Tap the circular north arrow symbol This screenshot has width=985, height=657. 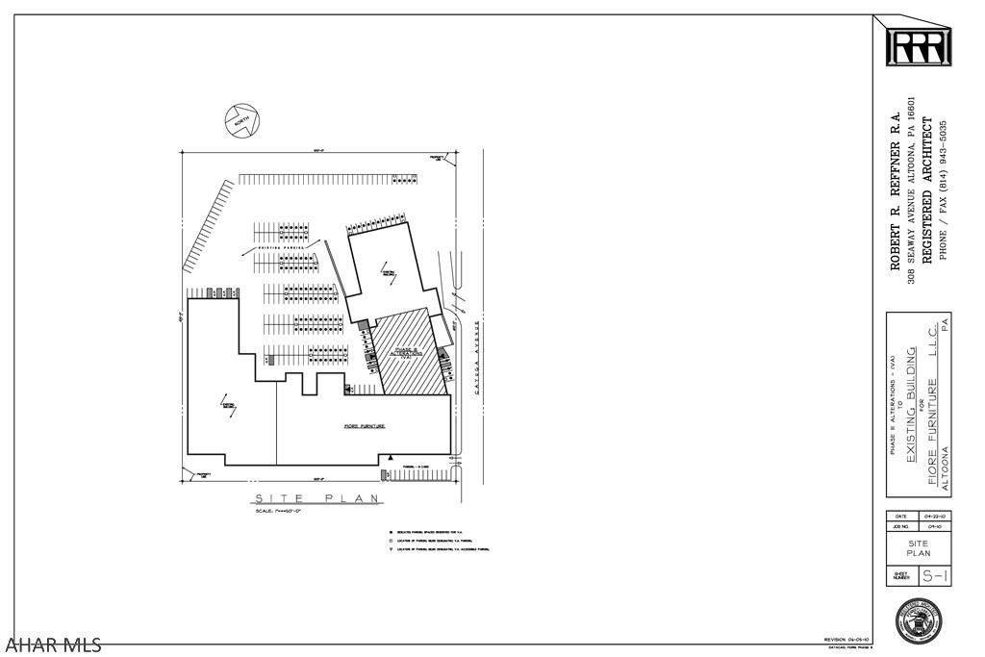tap(242, 119)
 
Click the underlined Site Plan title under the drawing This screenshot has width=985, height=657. tap(316, 497)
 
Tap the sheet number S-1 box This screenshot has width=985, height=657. tap(935, 576)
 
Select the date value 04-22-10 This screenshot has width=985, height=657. tap(935, 516)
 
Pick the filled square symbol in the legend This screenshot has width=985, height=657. tap(391, 532)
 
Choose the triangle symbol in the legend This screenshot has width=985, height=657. tap(391, 549)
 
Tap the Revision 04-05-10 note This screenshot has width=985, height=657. tap(847, 640)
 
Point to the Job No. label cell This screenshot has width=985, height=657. tap(901, 527)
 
